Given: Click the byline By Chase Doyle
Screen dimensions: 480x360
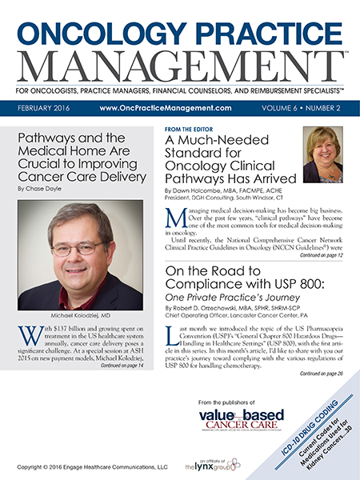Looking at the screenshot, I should point(40,189).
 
